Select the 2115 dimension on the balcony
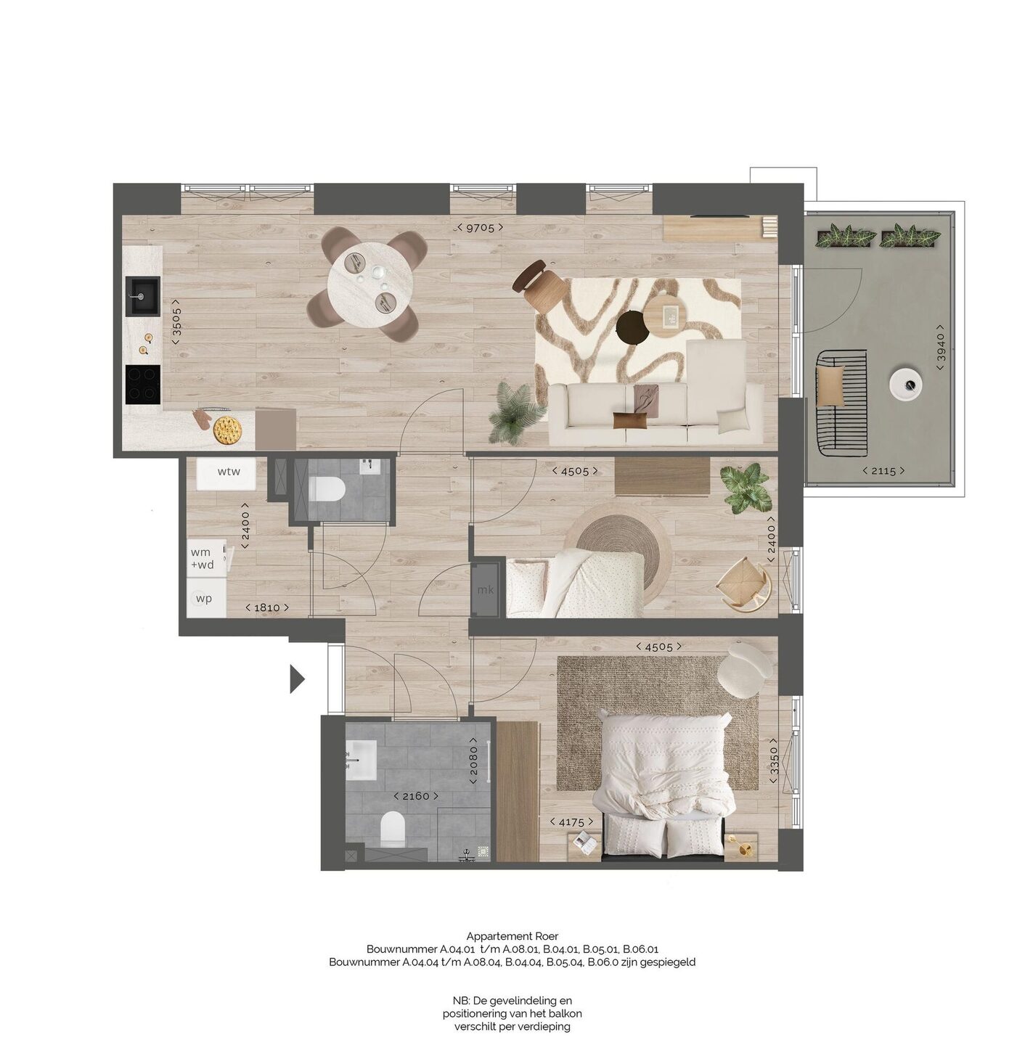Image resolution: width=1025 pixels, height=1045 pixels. coord(883,471)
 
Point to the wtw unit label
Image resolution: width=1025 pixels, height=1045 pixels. coord(229,471)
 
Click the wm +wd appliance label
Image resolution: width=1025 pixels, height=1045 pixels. coord(202,559)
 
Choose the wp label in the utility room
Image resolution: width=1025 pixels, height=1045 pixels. coord(203,599)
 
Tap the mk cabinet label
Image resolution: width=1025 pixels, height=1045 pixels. coord(485,589)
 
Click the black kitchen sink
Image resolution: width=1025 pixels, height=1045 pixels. coord(143,297)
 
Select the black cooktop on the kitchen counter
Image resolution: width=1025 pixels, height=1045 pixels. coord(143,385)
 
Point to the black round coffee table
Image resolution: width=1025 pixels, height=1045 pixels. coord(633,327)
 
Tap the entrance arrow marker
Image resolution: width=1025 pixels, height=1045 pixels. coord(296,679)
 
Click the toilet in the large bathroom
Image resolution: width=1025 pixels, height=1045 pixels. coord(392,829)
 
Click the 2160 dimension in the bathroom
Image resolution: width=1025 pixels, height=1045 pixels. coord(416,796)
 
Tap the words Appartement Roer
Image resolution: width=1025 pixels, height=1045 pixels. coord(512,935)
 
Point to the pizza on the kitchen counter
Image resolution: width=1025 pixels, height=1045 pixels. coord(226,430)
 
